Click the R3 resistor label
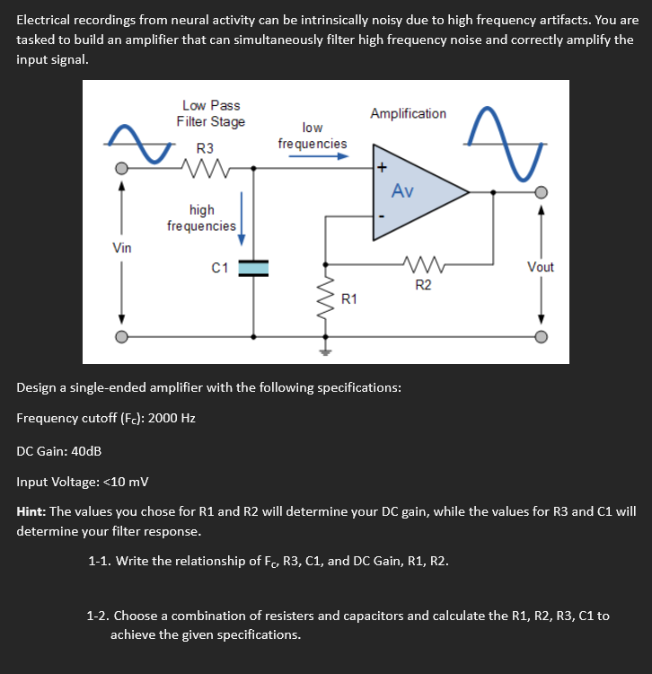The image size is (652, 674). (x=206, y=147)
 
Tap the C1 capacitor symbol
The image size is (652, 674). (x=254, y=267)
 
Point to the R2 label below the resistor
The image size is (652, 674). (x=423, y=285)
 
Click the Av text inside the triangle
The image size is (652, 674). (x=402, y=191)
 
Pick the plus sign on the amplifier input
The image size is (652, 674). (x=382, y=166)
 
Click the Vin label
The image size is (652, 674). (x=121, y=247)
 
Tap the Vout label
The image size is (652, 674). (x=541, y=267)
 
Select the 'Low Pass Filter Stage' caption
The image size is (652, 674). (x=211, y=114)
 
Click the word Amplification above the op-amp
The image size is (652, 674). (x=408, y=113)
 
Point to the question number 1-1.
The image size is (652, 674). (x=99, y=562)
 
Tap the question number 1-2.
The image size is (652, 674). (x=99, y=616)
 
